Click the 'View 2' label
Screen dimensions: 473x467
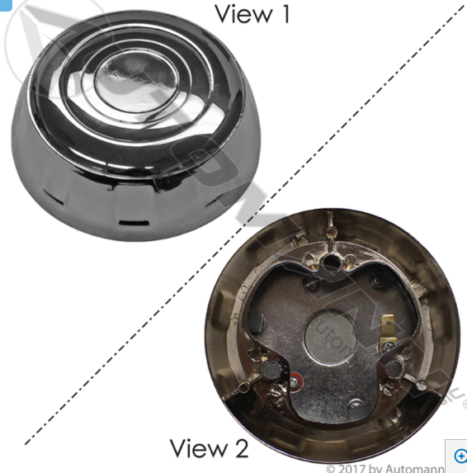coord(209,448)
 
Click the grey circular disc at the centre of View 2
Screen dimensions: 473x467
coord(331,340)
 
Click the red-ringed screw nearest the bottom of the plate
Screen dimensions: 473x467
coord(296,383)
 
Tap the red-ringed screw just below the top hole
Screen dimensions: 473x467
coord(314,285)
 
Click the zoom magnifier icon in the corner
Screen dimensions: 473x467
coord(460,456)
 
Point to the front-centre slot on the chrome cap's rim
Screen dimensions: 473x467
coord(131,221)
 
